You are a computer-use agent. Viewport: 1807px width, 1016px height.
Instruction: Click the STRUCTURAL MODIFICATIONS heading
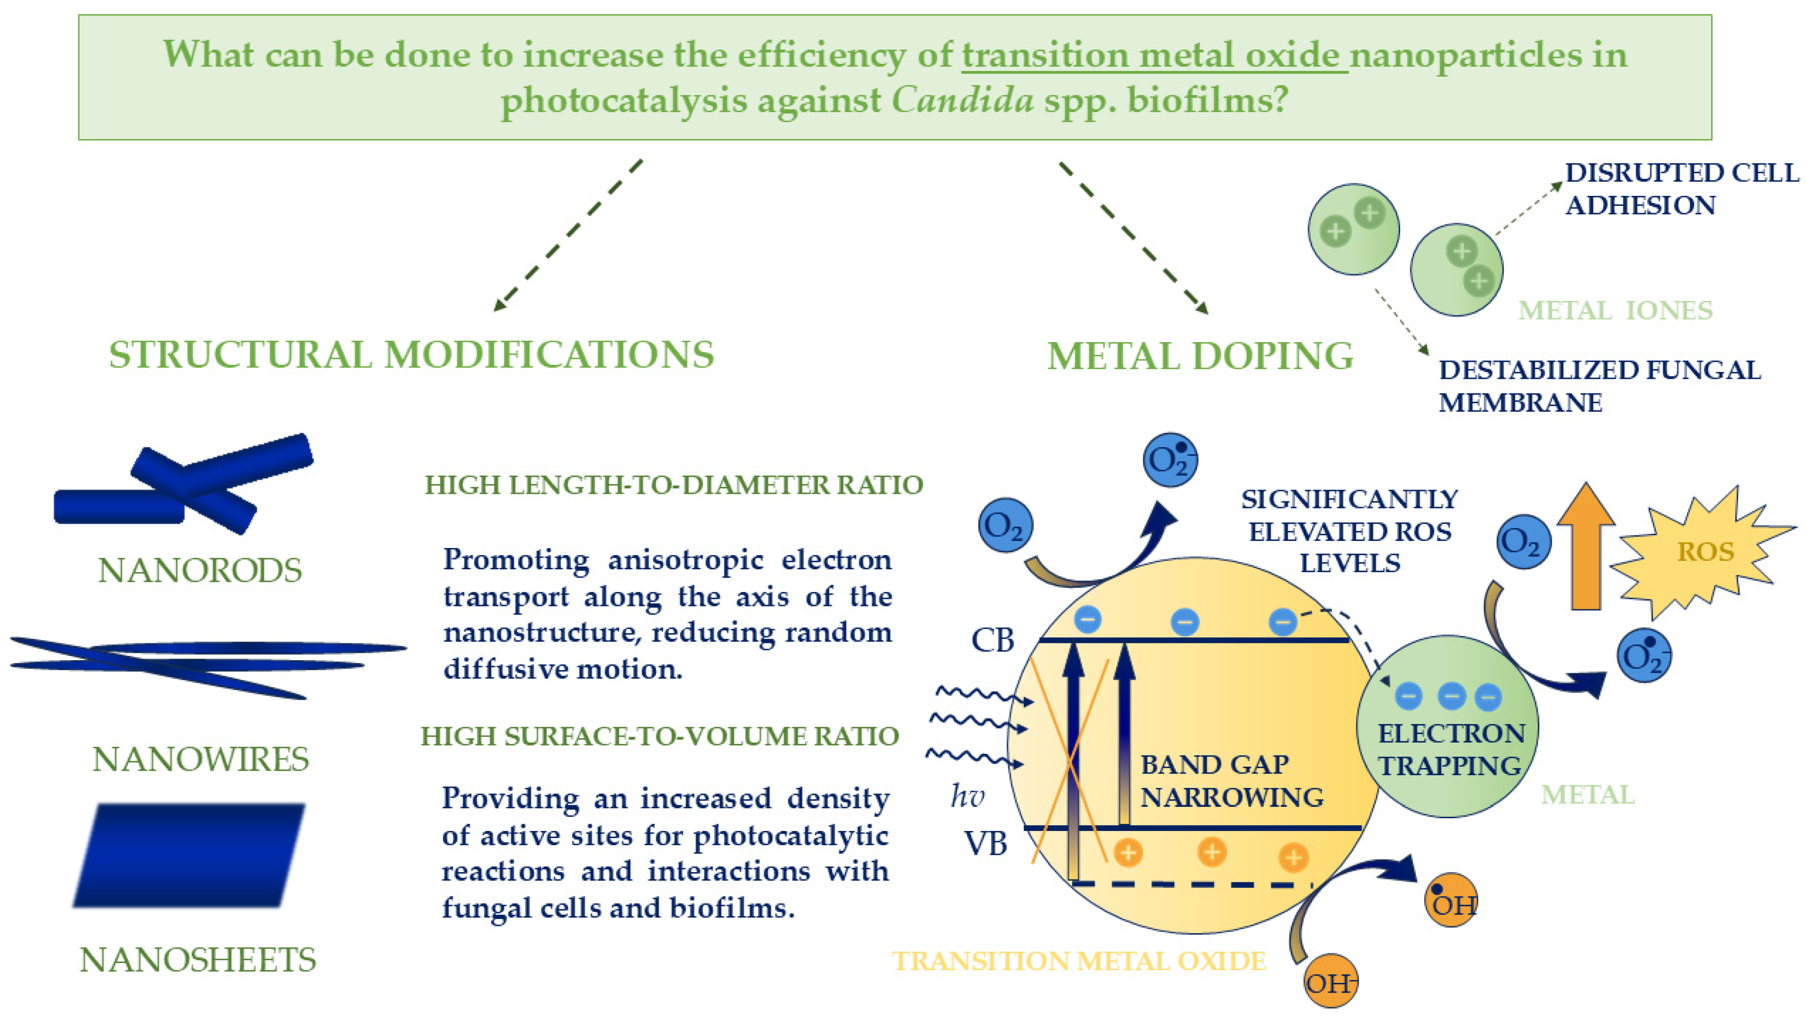click(x=412, y=354)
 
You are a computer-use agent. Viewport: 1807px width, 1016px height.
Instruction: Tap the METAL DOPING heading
click(x=1200, y=356)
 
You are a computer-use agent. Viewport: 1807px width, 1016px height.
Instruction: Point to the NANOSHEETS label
click(x=198, y=960)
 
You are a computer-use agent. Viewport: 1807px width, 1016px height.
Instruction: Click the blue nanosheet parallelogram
click(x=190, y=855)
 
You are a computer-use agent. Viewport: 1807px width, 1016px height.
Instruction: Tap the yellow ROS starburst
click(x=1705, y=551)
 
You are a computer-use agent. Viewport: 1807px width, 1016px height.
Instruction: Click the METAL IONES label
click(x=1615, y=310)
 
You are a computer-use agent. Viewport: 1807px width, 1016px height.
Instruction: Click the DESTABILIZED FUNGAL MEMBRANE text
click(x=1600, y=386)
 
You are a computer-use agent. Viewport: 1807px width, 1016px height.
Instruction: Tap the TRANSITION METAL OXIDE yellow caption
click(x=1079, y=961)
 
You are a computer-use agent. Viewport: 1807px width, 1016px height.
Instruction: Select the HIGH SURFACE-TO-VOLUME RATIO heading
click(x=660, y=736)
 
